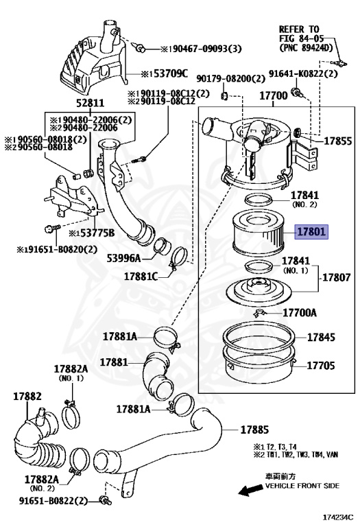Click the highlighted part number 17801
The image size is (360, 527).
(312, 232)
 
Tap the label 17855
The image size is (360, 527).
(338, 142)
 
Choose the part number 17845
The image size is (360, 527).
(321, 338)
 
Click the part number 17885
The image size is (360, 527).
(254, 430)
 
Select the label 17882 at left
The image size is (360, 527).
(27, 396)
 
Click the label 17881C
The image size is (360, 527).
(141, 277)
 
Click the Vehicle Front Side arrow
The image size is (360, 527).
(250, 489)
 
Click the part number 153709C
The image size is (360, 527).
(167, 73)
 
